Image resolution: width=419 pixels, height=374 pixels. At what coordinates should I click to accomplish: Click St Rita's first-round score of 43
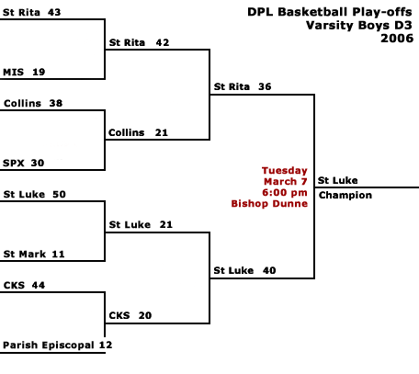point(54,12)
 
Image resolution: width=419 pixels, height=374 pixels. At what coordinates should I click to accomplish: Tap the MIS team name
point(13,73)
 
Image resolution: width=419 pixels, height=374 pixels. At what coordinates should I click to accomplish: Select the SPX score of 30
point(38,163)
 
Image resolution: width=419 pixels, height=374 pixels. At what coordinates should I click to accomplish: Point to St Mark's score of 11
point(58,255)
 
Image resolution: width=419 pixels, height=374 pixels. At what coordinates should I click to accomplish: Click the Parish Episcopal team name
point(49,346)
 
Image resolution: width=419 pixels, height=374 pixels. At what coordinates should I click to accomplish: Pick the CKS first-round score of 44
point(39,286)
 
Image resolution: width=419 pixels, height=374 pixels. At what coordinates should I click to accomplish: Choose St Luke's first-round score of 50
point(59,195)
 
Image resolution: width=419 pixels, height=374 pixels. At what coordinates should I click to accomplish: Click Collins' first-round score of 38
point(56,103)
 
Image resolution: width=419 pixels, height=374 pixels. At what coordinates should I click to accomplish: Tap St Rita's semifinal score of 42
point(163,42)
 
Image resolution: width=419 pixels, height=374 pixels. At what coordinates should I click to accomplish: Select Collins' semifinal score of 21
point(162,132)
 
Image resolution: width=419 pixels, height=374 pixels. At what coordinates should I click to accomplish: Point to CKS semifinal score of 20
point(145,315)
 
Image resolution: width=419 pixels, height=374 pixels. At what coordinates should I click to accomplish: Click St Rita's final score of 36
point(265,86)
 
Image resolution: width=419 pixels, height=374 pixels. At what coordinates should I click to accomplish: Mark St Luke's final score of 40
point(269,270)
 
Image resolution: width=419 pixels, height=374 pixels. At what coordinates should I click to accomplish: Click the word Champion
point(345,196)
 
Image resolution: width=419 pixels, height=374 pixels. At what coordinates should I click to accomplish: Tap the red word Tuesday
point(285,170)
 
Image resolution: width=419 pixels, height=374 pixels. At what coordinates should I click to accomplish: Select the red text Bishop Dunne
point(269,204)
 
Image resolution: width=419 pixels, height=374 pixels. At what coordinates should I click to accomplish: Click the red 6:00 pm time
point(285,193)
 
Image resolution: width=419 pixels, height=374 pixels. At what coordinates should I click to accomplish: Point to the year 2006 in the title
point(397,39)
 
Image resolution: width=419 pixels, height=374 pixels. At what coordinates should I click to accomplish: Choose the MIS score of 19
point(39,73)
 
